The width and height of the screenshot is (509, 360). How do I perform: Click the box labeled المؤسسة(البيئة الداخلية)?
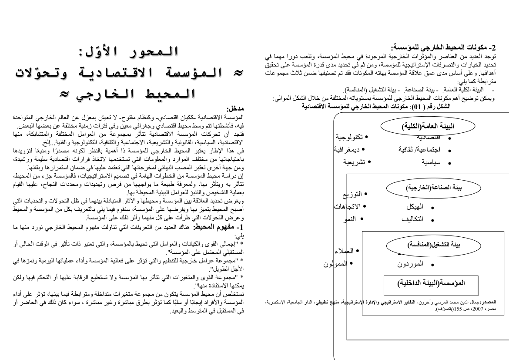point(427,283)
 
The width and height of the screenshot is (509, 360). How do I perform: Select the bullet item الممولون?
point(338,263)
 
